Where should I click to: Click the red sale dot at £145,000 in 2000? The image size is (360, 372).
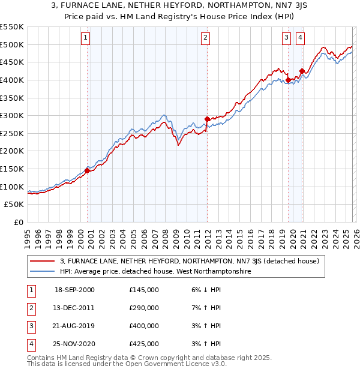point(87,170)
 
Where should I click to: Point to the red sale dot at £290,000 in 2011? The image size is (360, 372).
point(207,119)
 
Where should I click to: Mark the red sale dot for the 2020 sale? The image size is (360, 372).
point(302,71)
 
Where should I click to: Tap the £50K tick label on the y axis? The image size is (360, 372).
point(14,205)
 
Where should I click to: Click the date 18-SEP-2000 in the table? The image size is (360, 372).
point(74,290)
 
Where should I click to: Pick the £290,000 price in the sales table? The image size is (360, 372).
point(144,308)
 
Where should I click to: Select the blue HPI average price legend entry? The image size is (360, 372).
point(155,271)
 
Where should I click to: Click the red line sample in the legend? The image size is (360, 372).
point(42,261)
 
